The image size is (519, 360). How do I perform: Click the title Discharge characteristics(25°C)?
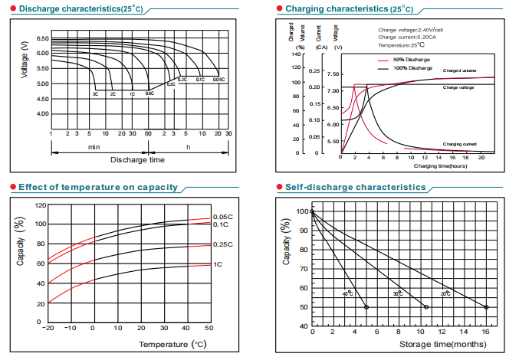tap(73, 8)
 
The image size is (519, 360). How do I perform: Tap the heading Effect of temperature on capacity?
tap(97, 187)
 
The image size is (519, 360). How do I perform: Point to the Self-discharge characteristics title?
tap(355, 187)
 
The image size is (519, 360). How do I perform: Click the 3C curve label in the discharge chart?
tap(95, 93)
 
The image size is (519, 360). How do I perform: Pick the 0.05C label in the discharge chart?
tap(218, 80)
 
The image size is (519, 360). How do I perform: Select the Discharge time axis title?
tap(137, 160)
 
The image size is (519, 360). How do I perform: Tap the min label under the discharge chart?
tap(94, 146)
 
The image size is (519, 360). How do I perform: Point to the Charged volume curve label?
tap(460, 70)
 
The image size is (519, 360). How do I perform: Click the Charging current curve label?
tap(460, 144)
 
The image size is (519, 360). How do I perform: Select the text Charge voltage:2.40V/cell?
tap(411, 30)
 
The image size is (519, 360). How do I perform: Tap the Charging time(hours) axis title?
tap(440, 165)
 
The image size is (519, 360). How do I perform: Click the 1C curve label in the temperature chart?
tap(218, 264)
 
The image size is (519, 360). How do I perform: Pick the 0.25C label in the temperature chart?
tap(222, 245)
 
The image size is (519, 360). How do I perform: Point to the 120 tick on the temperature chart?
tap(41, 205)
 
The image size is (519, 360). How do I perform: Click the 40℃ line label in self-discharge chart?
tap(348, 293)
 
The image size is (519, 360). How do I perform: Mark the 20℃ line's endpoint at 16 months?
tap(487, 307)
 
